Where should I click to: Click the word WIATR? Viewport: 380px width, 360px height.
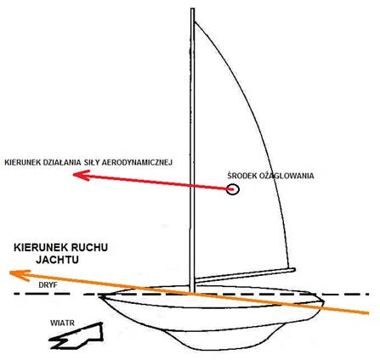(x=62, y=323)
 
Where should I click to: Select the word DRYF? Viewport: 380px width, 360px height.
(x=48, y=285)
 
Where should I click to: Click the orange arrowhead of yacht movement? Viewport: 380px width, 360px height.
(x=20, y=274)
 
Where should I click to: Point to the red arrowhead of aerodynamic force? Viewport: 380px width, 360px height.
(x=82, y=175)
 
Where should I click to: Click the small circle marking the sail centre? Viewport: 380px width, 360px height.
(x=233, y=189)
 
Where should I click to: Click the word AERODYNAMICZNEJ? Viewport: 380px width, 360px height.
(x=137, y=162)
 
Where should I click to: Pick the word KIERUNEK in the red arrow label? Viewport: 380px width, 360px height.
(x=22, y=162)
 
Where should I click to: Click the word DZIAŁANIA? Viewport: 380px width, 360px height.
(x=62, y=162)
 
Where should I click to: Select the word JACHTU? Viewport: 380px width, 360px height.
(x=57, y=260)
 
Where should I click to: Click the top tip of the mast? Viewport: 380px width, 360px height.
(x=192, y=8)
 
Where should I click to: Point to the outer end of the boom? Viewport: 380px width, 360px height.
(x=294, y=270)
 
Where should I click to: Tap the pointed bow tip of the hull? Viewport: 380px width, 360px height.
(x=101, y=296)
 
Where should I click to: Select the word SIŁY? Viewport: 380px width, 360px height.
(x=92, y=162)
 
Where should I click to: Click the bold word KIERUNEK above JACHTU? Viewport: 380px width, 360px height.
(x=37, y=247)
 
